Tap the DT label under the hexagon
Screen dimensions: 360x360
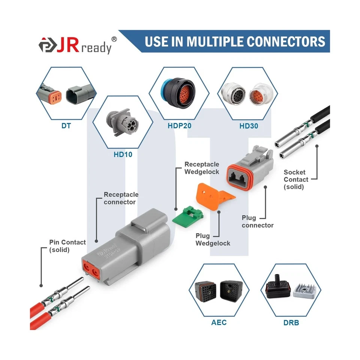[x=66, y=126]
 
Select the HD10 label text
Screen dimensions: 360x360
[x=123, y=154]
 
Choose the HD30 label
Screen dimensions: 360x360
[x=249, y=126]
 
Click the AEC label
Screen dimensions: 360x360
[x=219, y=322]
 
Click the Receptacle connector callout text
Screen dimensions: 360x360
[x=121, y=198]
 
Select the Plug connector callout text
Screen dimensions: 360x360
[x=257, y=221]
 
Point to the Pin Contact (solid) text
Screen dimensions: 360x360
[x=67, y=246]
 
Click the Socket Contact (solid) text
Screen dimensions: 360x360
[x=296, y=179]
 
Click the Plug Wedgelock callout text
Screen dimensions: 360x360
[x=213, y=239]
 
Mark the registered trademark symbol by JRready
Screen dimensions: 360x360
[x=114, y=39]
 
